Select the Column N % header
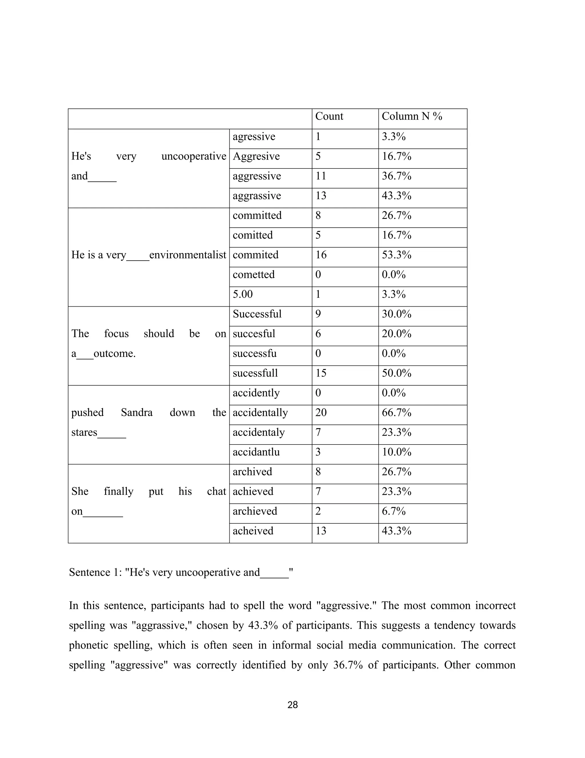coord(412,116)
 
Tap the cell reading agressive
coord(254,137)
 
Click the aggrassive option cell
coord(257,196)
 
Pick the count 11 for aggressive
coord(321,176)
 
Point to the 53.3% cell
coord(396,255)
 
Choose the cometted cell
coord(253,275)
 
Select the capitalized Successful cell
coord(257,314)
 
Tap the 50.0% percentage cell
coord(396,373)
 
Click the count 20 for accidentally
coord(321,413)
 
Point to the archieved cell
coord(255,511)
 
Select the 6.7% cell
coord(394,511)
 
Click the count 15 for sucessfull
coord(321,373)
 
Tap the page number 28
coord(292,705)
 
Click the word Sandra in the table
coord(137,413)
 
